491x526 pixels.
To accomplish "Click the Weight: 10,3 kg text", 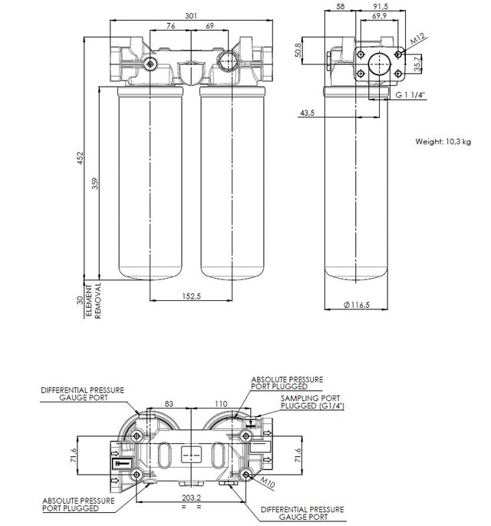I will pyautogui.click(x=443, y=141).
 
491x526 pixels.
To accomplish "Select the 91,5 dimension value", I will pyautogui.click(x=379, y=7).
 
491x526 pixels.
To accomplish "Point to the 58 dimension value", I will pyautogui.click(x=341, y=7).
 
